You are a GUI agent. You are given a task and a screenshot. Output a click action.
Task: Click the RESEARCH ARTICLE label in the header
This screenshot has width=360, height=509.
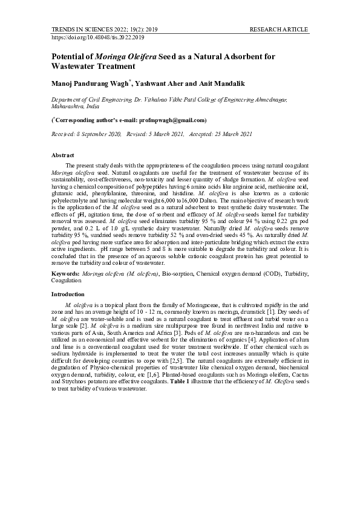pyautogui.click(x=279, y=29)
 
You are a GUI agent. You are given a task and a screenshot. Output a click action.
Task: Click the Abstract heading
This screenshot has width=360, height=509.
pyautogui.click(x=63, y=155)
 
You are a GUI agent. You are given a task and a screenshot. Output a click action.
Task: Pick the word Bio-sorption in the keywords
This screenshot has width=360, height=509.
pyautogui.click(x=178, y=274)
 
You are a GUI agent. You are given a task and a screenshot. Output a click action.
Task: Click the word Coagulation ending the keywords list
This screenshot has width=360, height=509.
pyautogui.click(x=67, y=280)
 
